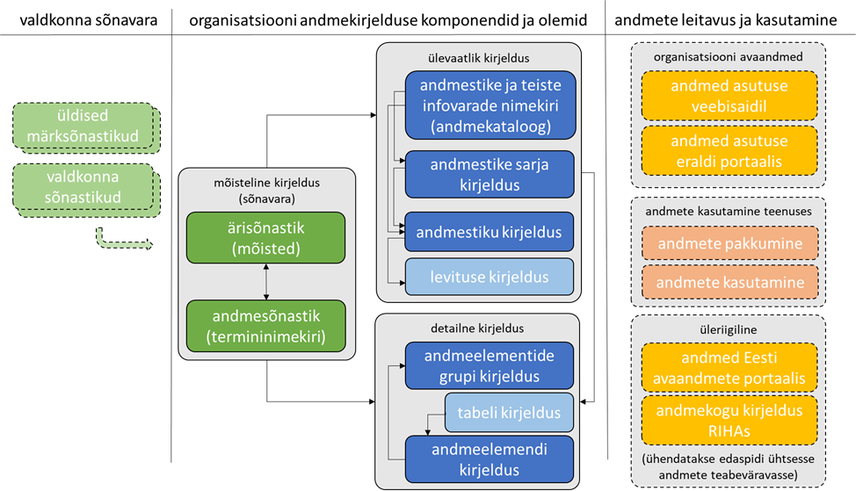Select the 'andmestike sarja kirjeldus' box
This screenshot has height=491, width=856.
point(490,175)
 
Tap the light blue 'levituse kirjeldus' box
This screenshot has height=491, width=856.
point(490,275)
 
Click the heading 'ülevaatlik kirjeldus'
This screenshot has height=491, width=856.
point(479,58)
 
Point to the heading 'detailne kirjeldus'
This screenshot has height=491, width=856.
point(479,329)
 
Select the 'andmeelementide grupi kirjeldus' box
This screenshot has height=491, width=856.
point(490,366)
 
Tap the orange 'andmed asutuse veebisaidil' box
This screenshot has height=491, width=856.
point(729,96)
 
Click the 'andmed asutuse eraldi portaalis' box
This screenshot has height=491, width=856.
point(729,151)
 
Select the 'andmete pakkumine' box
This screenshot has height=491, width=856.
point(729,244)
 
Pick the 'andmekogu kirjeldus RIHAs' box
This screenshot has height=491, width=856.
point(729,420)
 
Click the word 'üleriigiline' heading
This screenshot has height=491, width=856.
point(729,329)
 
